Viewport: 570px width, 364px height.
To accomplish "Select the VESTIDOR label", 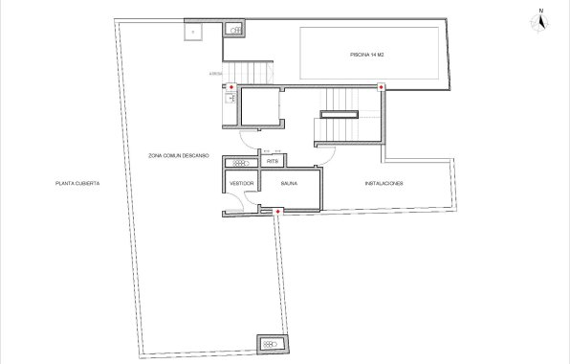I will (241, 182).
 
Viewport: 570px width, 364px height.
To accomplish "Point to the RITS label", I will (273, 162).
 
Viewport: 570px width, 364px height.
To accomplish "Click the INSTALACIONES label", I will (383, 182).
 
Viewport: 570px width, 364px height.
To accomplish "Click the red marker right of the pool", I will (382, 87).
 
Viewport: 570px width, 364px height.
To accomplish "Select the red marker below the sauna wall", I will (277, 211).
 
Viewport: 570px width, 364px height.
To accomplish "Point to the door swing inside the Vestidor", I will (248, 198).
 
